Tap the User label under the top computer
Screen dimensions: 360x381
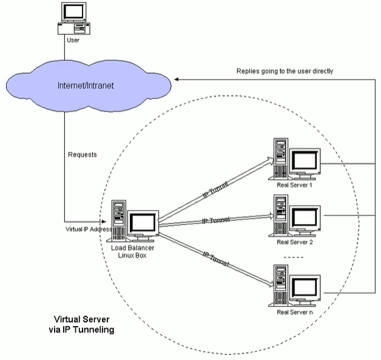(x=73, y=40)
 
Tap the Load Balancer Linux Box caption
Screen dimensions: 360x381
(x=129, y=251)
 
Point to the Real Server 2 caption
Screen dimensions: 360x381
(x=294, y=242)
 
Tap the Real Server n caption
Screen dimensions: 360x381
(x=294, y=311)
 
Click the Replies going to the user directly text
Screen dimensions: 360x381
(x=285, y=71)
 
